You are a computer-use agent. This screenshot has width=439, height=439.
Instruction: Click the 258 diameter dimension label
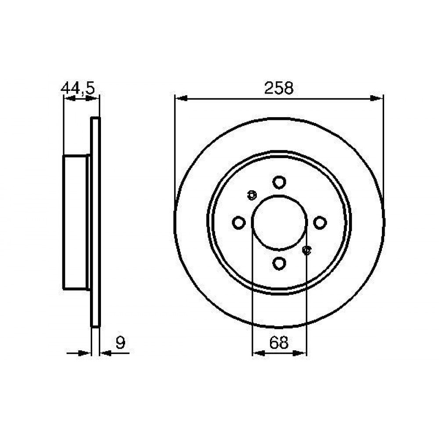(x=279, y=88)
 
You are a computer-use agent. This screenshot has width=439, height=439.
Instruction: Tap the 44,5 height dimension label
(x=78, y=89)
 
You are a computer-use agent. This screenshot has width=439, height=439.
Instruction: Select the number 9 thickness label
(x=120, y=342)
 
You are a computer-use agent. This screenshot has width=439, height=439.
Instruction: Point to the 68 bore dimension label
(x=279, y=342)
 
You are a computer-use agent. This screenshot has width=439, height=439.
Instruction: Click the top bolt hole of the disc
(x=279, y=182)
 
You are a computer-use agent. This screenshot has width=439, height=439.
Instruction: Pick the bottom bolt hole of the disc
(x=279, y=263)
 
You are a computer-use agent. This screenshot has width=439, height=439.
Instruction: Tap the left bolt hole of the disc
(x=239, y=223)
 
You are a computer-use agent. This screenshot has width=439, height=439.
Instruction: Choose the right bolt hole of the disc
(x=320, y=223)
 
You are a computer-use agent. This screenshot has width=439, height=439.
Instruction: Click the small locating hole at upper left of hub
(x=252, y=195)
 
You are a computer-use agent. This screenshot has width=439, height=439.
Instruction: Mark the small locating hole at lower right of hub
(x=307, y=251)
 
